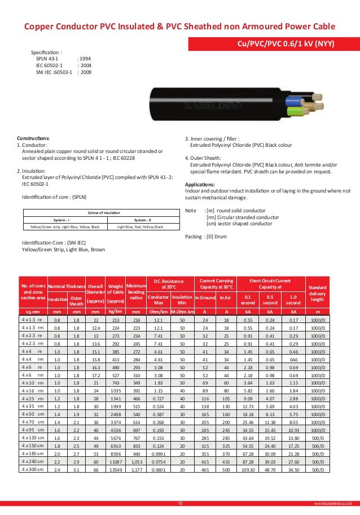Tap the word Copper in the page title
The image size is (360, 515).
[40, 27]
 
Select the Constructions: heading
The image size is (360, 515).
[33, 138]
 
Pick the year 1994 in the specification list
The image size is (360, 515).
[84, 58]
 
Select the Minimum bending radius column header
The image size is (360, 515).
[136, 292]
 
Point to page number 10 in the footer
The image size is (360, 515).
[180, 502]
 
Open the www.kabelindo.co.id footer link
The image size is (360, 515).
[336, 502]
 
